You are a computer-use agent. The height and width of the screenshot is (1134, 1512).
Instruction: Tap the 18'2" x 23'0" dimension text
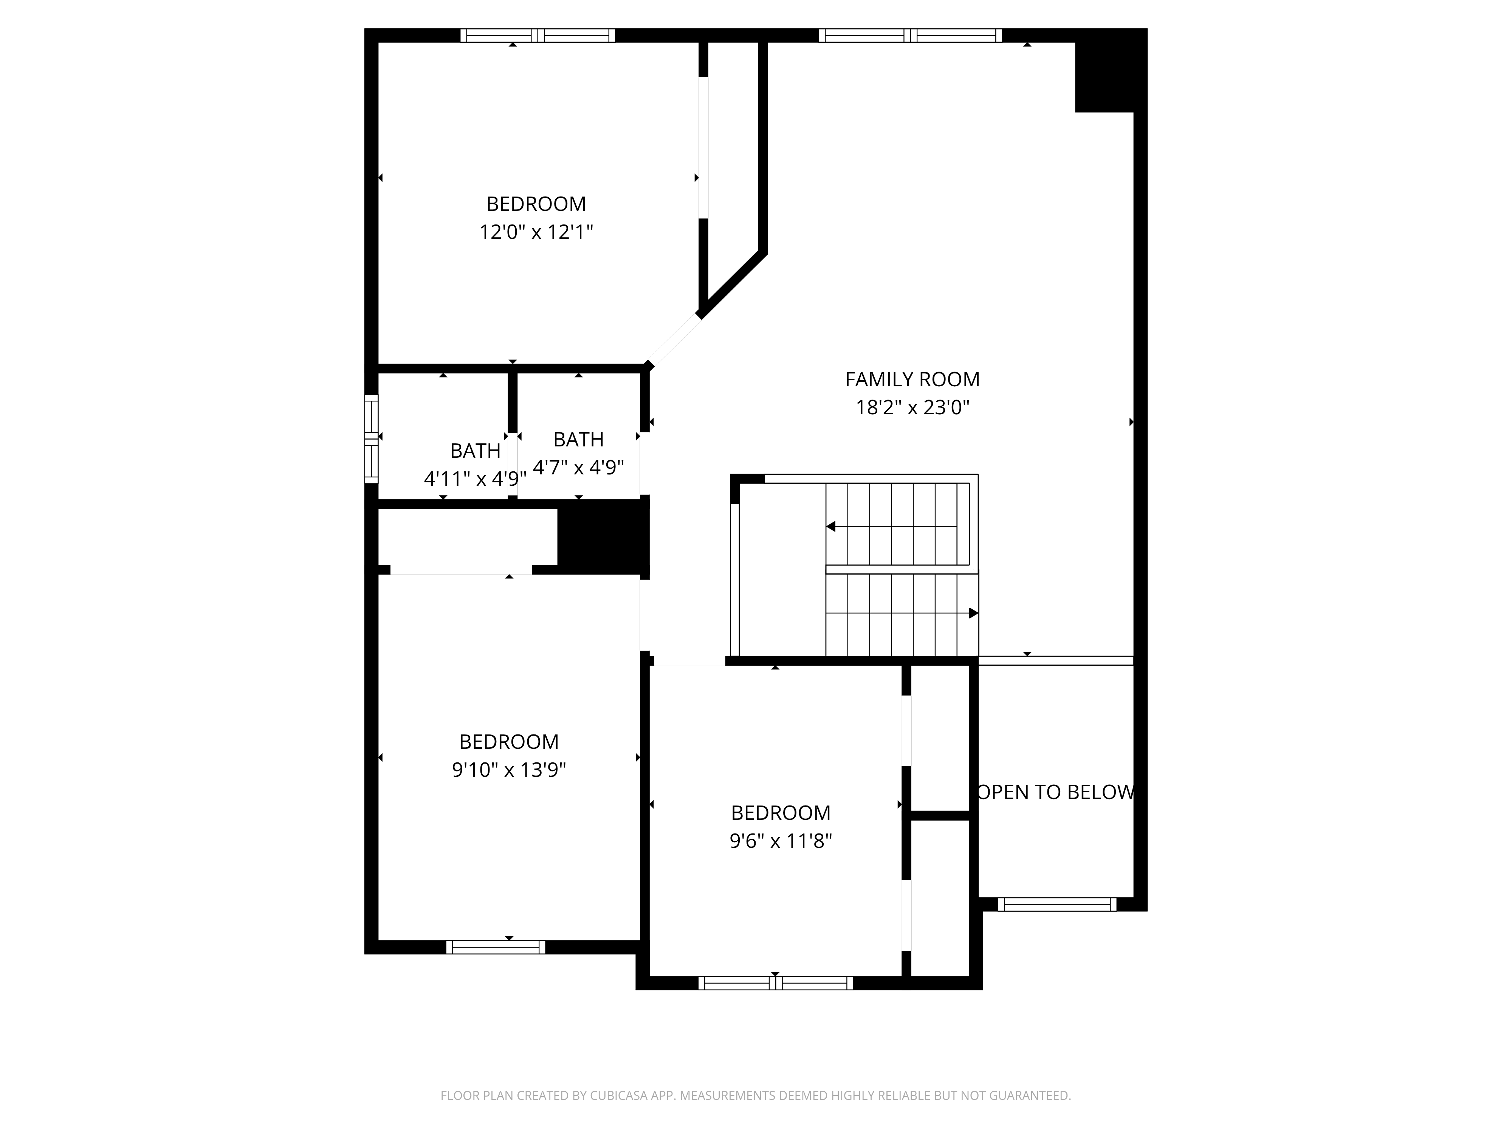[912, 407]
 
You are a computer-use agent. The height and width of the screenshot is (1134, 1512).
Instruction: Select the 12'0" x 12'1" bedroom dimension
[536, 232]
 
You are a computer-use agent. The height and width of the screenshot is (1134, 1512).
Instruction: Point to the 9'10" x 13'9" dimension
[508, 770]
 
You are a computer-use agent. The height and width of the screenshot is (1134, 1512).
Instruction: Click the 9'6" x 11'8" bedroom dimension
[781, 841]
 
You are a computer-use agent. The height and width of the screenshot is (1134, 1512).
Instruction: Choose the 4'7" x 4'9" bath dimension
[578, 468]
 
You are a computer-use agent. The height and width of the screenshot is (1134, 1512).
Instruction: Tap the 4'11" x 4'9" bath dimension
[475, 479]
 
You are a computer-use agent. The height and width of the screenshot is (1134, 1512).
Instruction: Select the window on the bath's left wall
[371, 439]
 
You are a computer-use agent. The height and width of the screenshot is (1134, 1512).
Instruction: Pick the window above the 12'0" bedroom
[537, 36]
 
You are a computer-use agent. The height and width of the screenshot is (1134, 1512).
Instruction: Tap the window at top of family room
[911, 36]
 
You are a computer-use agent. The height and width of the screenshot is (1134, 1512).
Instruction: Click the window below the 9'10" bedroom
[496, 947]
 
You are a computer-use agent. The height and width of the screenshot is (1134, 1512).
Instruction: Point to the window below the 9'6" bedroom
[776, 983]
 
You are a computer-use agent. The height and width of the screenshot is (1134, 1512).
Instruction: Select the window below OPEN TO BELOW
[1057, 904]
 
